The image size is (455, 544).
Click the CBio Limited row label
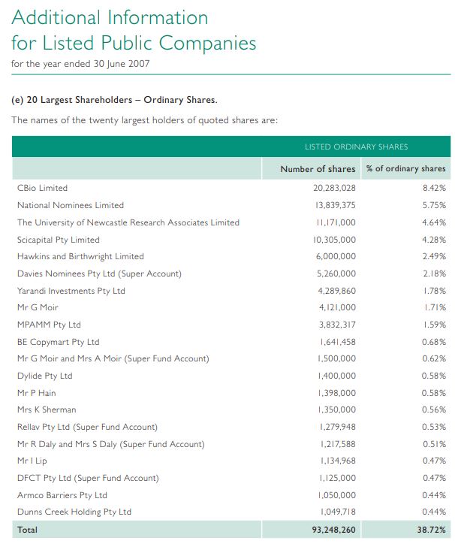tap(42, 188)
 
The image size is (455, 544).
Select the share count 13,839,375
tap(336, 205)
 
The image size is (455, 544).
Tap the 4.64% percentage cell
tap(434, 222)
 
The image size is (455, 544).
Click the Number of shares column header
tap(318, 169)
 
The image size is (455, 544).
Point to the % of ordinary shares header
tap(405, 168)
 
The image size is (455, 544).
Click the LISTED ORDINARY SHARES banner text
tap(356, 147)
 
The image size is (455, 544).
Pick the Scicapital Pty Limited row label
tap(59, 240)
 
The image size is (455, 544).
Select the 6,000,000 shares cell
tap(336, 256)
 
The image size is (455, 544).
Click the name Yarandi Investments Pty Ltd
tap(71, 291)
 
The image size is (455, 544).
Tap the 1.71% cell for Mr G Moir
tap(435, 307)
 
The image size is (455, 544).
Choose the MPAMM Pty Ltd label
tap(49, 325)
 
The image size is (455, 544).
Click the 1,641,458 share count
tap(337, 342)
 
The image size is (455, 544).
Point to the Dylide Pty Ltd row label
tap(45, 376)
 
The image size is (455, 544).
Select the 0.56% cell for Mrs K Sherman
tap(434, 410)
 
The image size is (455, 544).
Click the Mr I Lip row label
tap(32, 461)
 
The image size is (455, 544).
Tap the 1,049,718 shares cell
tap(338, 512)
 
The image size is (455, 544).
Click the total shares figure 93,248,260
tap(333, 530)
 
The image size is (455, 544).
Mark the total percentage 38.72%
tap(432, 530)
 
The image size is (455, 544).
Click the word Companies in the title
tap(207, 43)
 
